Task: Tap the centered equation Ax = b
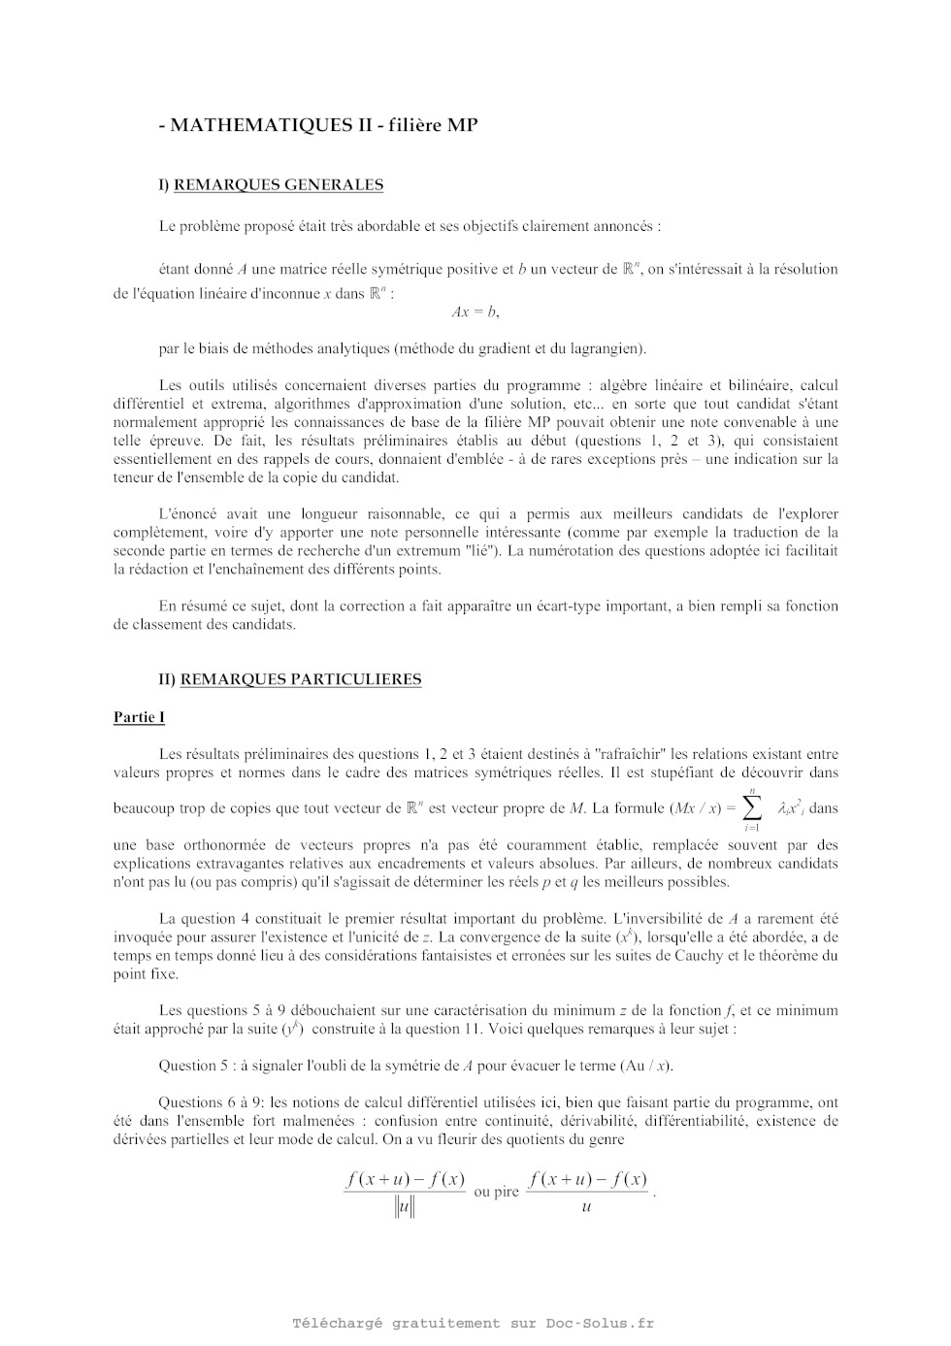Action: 475,312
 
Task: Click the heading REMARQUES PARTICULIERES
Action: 301,679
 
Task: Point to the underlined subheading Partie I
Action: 139,717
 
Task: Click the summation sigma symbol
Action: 752,807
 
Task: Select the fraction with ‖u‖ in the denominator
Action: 405,1193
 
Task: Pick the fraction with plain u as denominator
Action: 587,1193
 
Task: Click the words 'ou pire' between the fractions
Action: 497,1192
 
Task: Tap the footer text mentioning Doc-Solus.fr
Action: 474,1323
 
